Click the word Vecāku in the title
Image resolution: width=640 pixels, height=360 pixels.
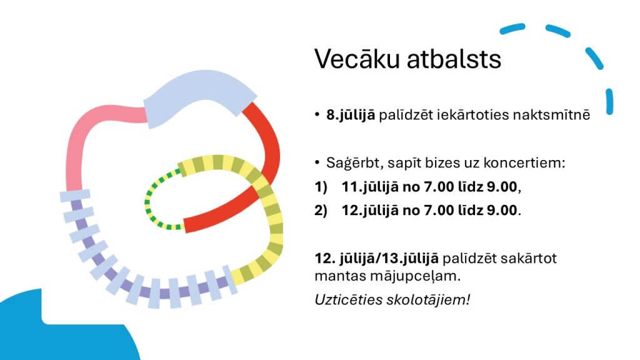pos(357,59)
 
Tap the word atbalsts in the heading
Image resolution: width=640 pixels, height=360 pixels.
pos(454,59)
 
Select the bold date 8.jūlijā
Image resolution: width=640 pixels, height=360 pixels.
pos(350,116)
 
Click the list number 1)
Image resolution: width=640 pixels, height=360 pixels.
pos(321,187)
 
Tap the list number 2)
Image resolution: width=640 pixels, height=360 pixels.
pos(321,211)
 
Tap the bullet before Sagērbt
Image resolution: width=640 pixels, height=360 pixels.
pos(317,162)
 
